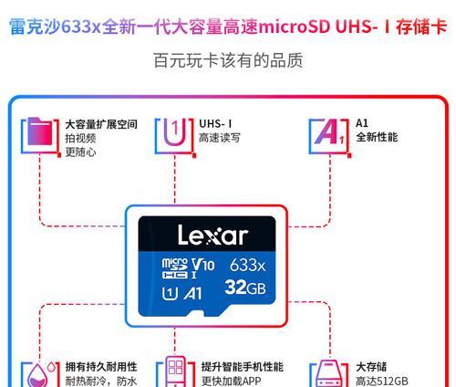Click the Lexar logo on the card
coord(212,235)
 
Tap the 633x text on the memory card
coord(247,265)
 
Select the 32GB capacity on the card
coord(245,288)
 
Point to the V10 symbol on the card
coord(203,265)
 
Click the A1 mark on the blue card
coord(192,294)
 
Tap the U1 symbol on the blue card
coord(170,294)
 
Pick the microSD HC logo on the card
coord(174,268)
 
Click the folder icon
coord(40,131)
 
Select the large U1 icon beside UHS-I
coord(174,132)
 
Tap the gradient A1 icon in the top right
coord(329,131)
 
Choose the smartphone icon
coord(175,371)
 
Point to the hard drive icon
coord(329,374)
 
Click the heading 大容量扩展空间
coord(101,124)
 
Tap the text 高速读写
coord(219,138)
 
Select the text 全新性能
coord(377,137)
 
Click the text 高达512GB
coord(382,381)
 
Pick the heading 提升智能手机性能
coord(243,367)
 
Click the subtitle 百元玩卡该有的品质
coord(228,60)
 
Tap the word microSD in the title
coord(295,26)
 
